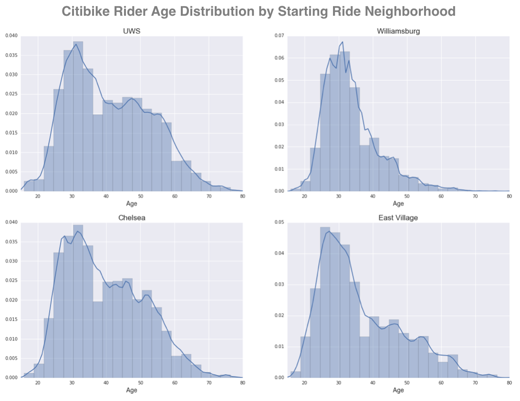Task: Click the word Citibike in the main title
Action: [87, 11]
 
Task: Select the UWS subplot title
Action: [131, 31]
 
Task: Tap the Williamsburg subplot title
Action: [398, 31]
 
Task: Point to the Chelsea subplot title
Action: [131, 218]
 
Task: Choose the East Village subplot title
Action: [398, 218]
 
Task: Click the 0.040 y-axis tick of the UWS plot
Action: [10, 36]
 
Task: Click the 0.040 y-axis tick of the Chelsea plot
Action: [10, 222]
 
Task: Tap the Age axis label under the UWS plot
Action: [131, 204]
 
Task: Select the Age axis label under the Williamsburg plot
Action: [398, 204]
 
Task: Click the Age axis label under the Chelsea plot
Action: [131, 390]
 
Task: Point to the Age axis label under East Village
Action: [398, 390]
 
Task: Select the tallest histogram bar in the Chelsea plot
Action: [78, 301]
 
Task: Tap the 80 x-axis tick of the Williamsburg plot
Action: [509, 196]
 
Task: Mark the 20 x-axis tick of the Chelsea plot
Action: [38, 383]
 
